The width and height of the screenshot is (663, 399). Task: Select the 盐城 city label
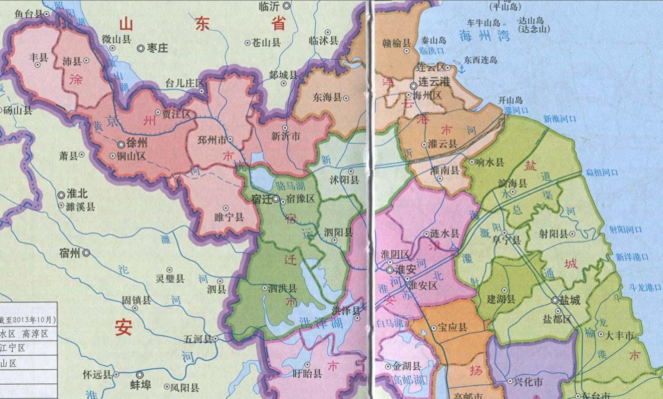coord(570,300)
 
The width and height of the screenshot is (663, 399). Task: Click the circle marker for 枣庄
coord(141,48)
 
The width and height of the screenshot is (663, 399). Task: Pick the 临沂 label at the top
coord(269,6)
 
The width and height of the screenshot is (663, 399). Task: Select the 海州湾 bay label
coord(484,35)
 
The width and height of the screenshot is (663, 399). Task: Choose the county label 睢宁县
coord(229,217)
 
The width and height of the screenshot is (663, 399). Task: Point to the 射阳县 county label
coord(553,234)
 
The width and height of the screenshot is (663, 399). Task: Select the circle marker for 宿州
coord(87,253)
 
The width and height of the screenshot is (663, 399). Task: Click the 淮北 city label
coord(77,195)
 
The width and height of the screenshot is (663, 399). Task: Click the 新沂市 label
coord(286,136)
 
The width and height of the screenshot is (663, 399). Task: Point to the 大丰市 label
coord(619,335)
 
